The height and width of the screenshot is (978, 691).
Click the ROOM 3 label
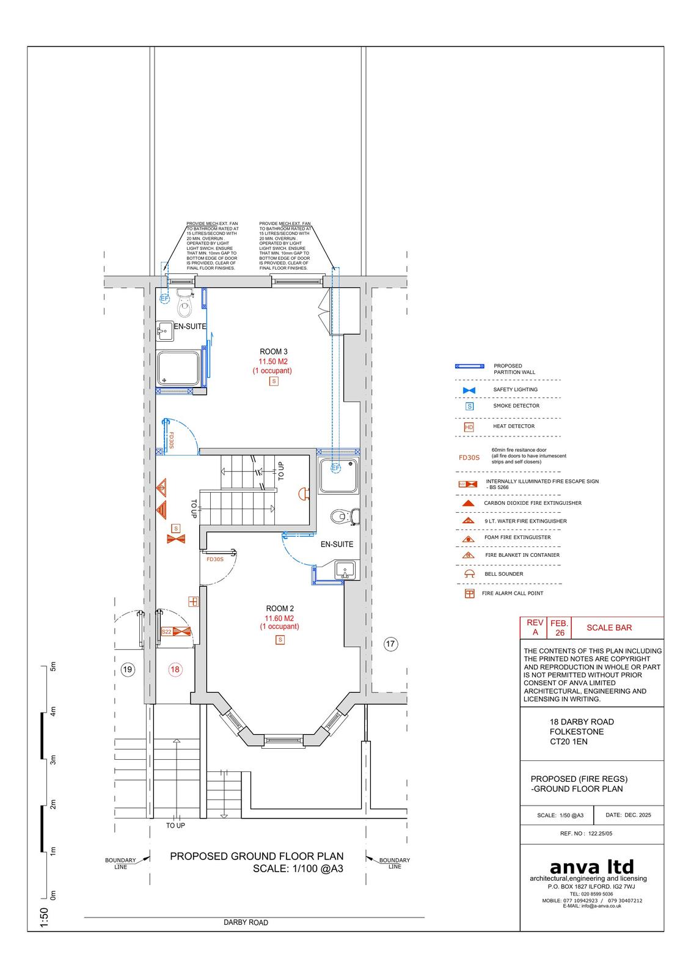[x=274, y=351]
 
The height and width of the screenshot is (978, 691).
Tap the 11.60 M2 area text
[x=279, y=618]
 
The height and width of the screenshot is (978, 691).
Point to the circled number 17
[x=390, y=644]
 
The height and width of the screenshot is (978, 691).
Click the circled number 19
[x=128, y=669]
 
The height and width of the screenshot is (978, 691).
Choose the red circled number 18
[x=175, y=669]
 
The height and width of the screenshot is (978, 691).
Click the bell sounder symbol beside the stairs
[x=304, y=494]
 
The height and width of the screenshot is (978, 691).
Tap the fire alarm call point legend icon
[x=469, y=594]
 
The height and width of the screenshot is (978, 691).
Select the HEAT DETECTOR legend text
[x=514, y=426]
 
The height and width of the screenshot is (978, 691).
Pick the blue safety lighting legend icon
[x=469, y=390]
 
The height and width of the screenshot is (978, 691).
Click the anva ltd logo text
[x=591, y=867]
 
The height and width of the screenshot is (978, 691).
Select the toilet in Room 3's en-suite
[x=185, y=303]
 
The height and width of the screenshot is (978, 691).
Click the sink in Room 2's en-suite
[x=345, y=570]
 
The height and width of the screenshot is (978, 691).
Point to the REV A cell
[x=535, y=627]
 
